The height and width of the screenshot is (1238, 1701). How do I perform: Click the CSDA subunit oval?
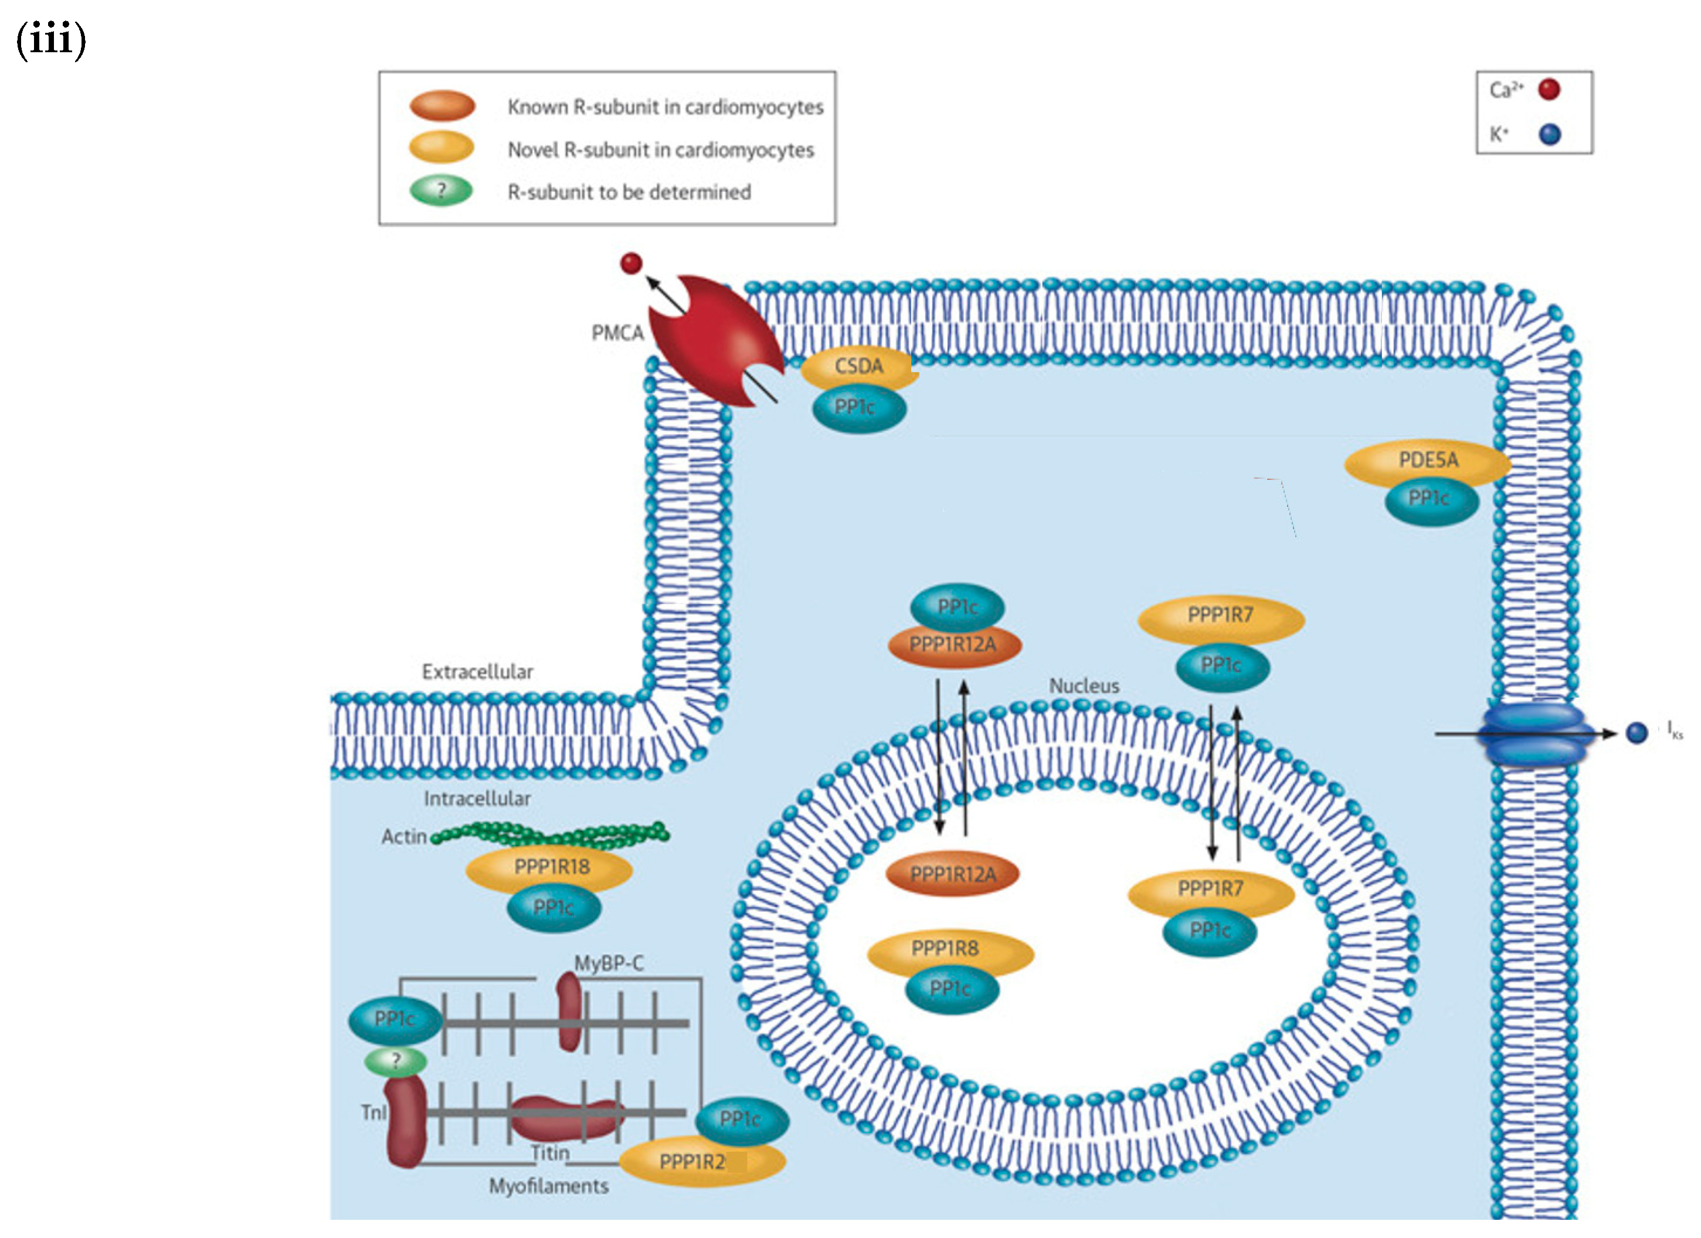859,367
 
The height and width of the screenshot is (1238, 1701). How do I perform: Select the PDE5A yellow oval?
1427,461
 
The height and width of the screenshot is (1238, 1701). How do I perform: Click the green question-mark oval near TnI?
395,1061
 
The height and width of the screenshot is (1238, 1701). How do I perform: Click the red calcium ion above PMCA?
631,263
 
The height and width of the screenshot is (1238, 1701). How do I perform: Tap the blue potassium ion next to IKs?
1637,733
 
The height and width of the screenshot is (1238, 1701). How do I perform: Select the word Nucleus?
1084,686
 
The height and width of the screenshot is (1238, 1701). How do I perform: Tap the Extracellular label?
478,672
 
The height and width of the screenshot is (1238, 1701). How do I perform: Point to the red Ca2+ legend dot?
1549,90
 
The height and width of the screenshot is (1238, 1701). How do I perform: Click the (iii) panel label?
51,39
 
